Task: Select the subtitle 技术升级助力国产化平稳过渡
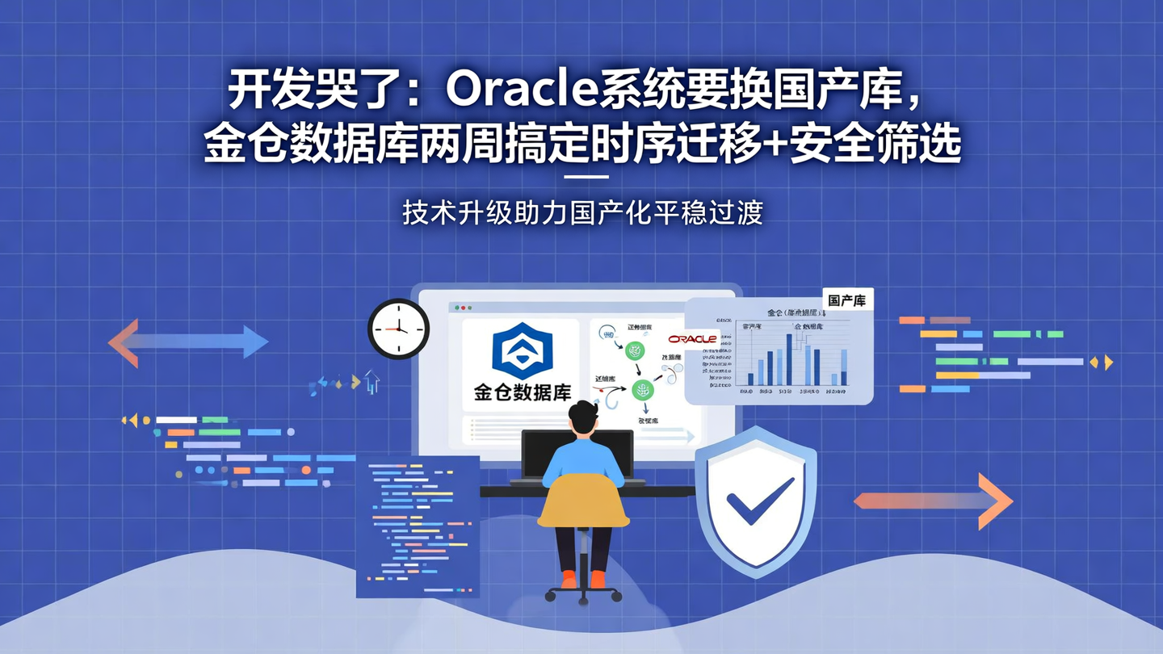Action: pos(582,212)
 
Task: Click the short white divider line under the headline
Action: pos(584,177)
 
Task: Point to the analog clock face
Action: pos(398,329)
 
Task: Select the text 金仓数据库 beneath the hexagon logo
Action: pos(522,393)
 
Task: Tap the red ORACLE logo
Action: pos(692,339)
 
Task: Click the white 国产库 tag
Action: pos(846,300)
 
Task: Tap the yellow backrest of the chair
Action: pos(583,501)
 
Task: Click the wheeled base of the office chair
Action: pos(583,593)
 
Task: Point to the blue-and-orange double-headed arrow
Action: pos(188,342)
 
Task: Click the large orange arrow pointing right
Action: pos(934,501)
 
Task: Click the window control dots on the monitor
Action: pos(462,308)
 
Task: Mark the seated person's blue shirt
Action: pos(582,459)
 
